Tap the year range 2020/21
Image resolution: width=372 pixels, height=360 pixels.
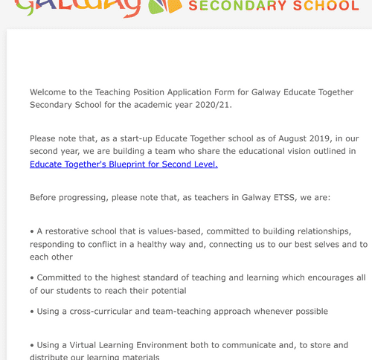pos(211,105)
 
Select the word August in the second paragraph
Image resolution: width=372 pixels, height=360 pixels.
pos(269,138)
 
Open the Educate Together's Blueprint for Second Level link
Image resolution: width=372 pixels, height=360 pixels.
pos(124,164)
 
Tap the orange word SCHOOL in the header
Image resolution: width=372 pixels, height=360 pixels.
pos(321,7)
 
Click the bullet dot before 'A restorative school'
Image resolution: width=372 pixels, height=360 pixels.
pos(32,231)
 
